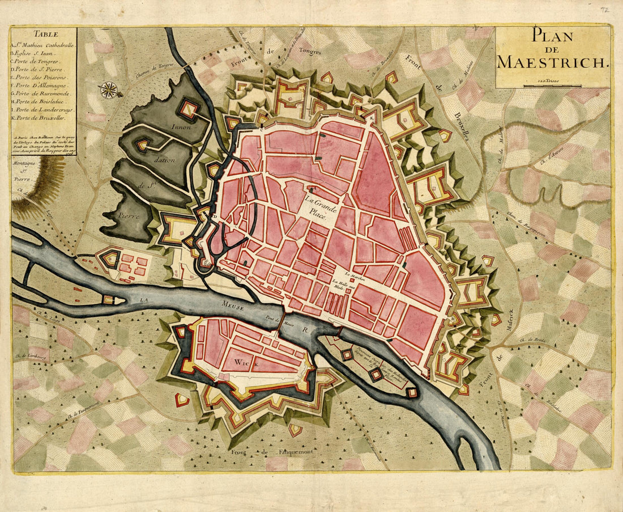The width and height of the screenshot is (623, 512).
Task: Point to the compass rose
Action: tap(109, 89)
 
